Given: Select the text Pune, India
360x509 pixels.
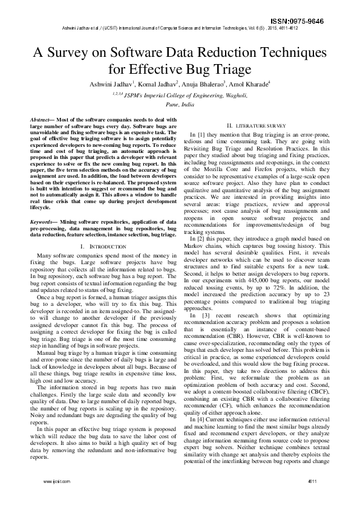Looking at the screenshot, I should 180,104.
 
